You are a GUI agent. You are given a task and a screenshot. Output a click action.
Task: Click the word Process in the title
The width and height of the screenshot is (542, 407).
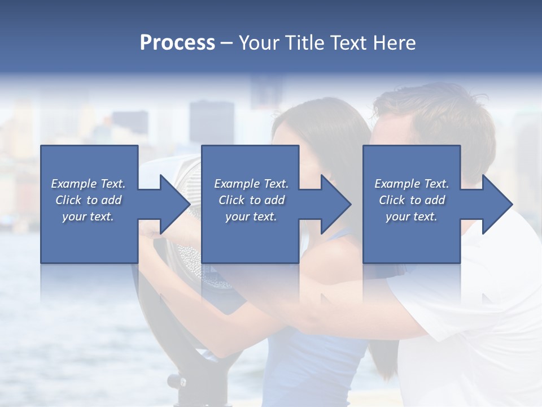coord(177,43)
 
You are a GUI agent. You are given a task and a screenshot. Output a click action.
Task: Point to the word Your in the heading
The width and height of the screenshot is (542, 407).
coord(259,43)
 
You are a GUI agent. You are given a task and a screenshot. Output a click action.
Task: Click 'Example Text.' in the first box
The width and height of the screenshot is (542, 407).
coord(88,184)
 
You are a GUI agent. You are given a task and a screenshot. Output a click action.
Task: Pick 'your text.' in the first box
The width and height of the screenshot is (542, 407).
coord(88,217)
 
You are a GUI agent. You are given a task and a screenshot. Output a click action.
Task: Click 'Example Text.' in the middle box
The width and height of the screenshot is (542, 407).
coord(251,184)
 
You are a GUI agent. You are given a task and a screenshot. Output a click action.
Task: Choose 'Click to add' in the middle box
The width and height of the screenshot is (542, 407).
coord(251,200)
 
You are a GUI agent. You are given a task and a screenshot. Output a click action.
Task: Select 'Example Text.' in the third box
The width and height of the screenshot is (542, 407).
coord(412,184)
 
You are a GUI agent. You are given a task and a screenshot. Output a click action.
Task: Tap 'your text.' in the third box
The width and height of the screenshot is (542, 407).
coord(412,217)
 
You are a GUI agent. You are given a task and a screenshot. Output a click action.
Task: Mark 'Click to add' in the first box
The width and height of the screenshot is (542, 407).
coord(88,200)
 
